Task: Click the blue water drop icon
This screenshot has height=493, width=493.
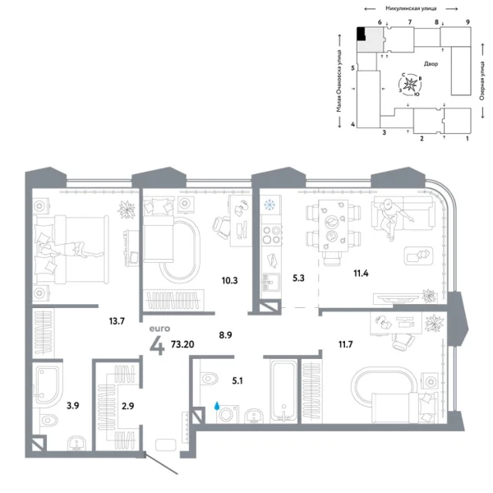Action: (216, 405)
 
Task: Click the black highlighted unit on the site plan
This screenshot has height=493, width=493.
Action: (361, 34)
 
